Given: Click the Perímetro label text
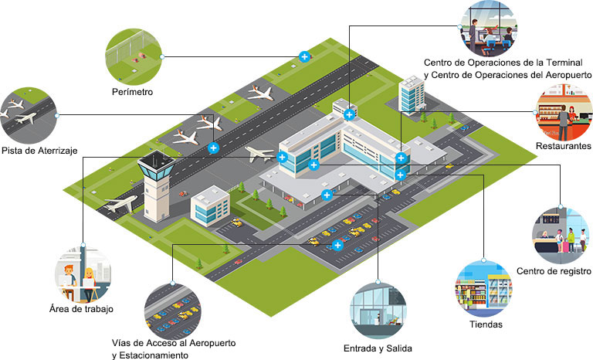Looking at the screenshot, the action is point(132,92).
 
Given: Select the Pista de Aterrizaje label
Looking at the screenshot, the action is point(39,151).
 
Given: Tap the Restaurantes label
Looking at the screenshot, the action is point(563,146).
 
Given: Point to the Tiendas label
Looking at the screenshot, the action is point(486,324).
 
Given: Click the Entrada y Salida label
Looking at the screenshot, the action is point(378,348).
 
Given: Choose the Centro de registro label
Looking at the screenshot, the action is point(554,271).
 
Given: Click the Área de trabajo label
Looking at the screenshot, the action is point(81,309).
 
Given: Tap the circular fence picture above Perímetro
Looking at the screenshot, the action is point(134,57).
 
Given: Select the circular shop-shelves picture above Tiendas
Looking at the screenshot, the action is point(483,288).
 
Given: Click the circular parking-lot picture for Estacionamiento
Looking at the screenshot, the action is point(172,311).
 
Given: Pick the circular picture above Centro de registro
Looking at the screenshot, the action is point(560,236).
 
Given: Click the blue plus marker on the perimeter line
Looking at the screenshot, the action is point(304,57).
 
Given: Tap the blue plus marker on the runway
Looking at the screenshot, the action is point(213,148).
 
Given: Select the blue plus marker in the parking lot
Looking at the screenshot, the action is point(337,245).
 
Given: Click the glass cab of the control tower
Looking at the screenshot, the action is point(156,168).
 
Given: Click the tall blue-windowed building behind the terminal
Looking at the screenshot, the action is point(412,94).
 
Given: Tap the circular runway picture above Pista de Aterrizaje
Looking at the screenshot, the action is point(29,115).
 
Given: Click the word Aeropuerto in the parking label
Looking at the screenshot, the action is point(212,343).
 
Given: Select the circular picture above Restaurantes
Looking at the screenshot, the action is point(564,113).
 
